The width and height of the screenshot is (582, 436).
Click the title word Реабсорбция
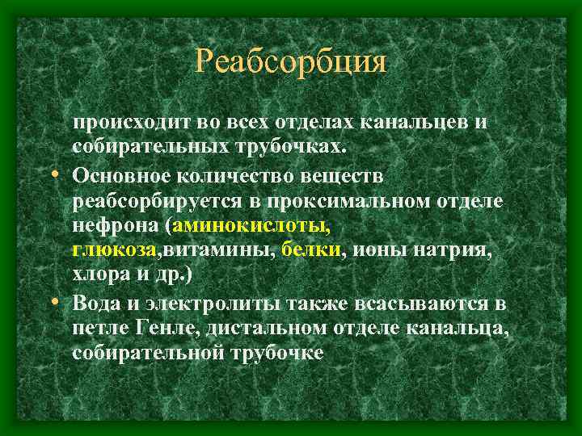point(291,61)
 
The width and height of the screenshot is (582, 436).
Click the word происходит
point(122,122)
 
